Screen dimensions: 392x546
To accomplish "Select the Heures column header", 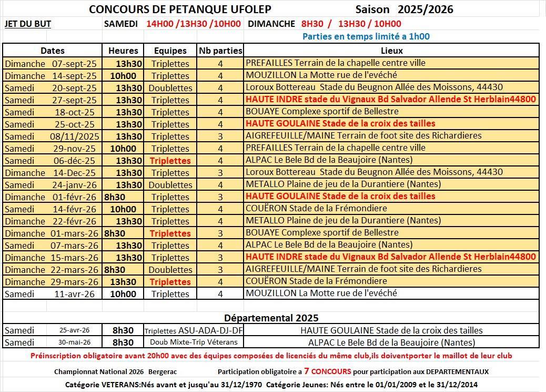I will pyautogui.click(x=123, y=51).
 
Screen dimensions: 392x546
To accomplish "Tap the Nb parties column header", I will pyautogui.click(x=220, y=51).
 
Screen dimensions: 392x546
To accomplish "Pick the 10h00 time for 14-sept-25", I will pyautogui.click(x=123, y=75).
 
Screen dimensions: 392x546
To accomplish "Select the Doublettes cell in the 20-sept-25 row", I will pyautogui.click(x=170, y=88).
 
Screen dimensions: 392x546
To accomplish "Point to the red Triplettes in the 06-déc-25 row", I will pyautogui.click(x=170, y=161).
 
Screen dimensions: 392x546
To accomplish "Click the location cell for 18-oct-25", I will pyautogui.click(x=322, y=112).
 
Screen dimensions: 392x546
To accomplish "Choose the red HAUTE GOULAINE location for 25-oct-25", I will pyautogui.click(x=340, y=124).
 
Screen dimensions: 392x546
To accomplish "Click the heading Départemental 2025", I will pyautogui.click(x=271, y=318).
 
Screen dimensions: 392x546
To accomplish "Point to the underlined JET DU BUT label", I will pyautogui.click(x=27, y=24).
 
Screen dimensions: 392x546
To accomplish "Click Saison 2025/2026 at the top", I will pyautogui.click(x=403, y=9).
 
